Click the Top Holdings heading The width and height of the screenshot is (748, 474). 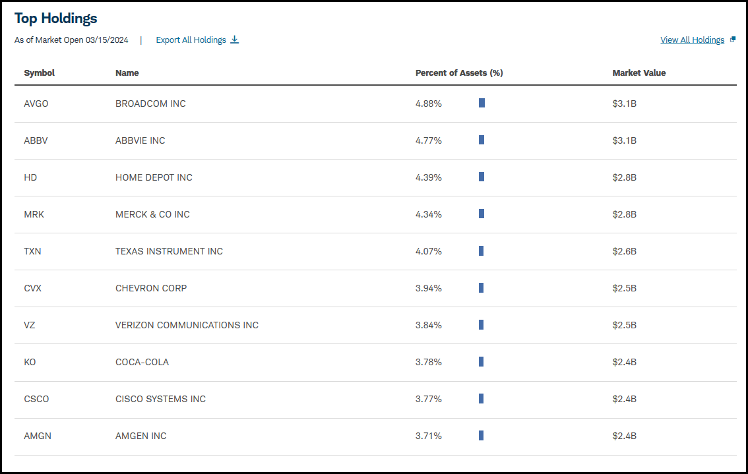pos(56,18)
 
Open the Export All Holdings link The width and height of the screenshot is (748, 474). pos(191,40)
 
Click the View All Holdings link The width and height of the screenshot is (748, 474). pos(692,40)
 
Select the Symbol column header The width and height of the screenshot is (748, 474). pos(39,73)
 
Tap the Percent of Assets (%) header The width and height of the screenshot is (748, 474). pos(459,73)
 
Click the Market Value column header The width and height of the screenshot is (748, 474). pos(639,73)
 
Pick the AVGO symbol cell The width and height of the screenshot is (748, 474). pos(36,104)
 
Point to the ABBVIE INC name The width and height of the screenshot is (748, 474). pos(140,140)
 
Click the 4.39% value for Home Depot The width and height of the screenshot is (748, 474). pos(428,177)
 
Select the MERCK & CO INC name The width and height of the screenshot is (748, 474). pos(152,215)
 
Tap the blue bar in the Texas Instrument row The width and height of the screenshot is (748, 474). pos(482,251)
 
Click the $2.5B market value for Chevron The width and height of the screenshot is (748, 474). pos(625,288)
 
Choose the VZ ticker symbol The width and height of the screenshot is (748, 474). pos(30,325)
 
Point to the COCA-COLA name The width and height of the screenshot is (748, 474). pos(142,362)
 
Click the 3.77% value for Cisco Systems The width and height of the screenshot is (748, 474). pos(428,399)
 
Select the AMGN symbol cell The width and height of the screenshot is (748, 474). pos(38,436)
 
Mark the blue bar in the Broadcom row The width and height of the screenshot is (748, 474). pos(482,103)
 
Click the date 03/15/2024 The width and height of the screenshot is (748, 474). pos(107,40)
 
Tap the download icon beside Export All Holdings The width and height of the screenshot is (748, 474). pos(234,40)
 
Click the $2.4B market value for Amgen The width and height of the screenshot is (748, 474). pos(625,436)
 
